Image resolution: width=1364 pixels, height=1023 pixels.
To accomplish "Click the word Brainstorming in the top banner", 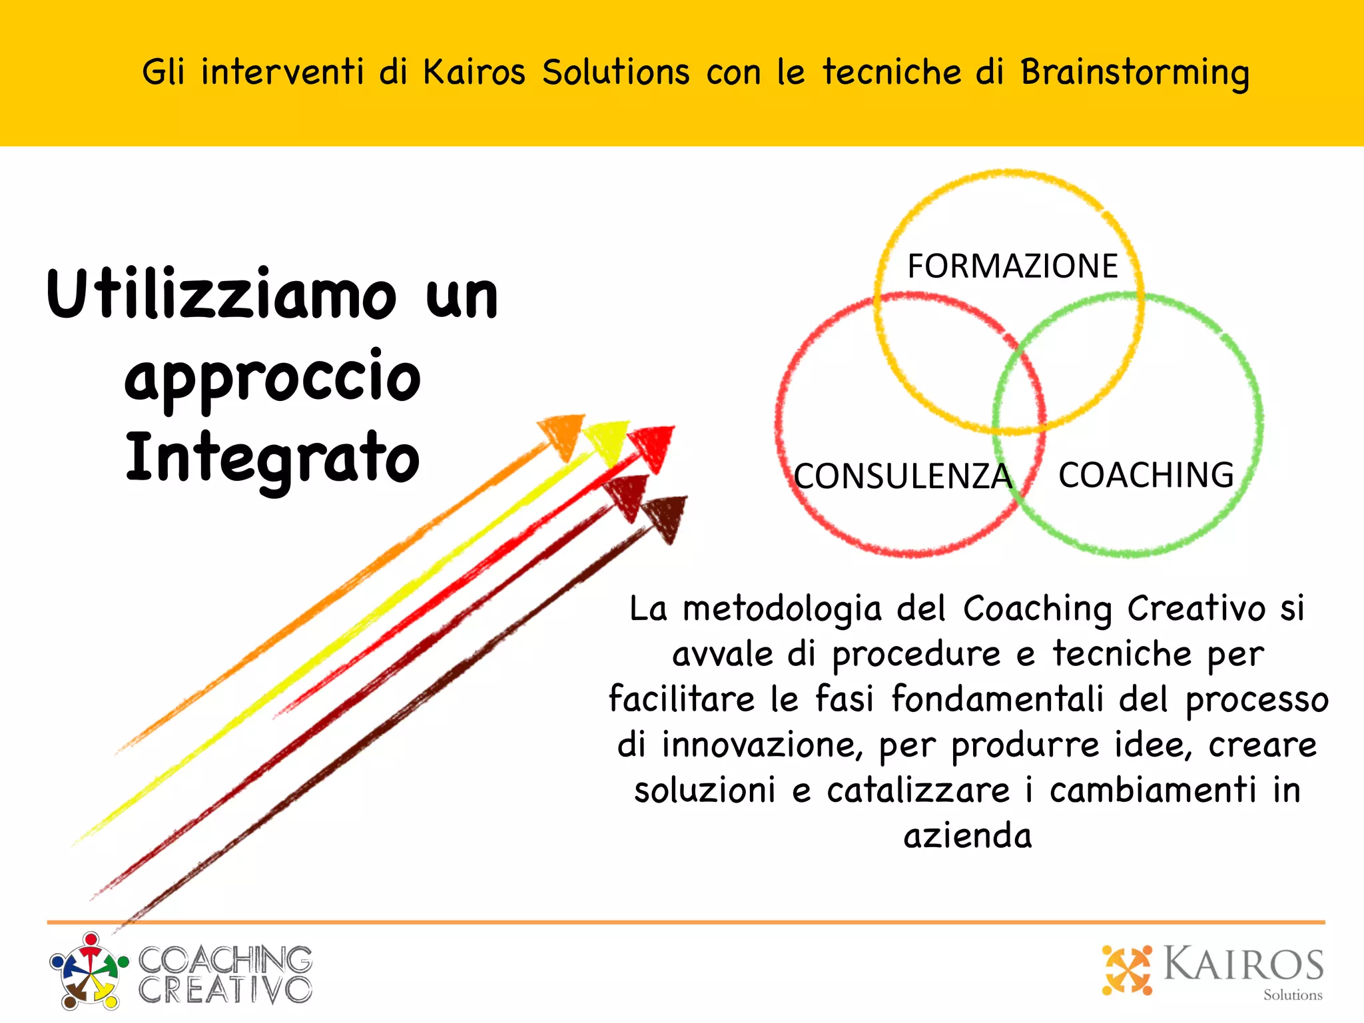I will (x=1134, y=73).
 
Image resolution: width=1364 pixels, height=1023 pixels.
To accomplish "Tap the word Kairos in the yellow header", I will (x=474, y=72).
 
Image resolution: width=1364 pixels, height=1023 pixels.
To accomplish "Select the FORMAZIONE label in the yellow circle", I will (x=1012, y=266).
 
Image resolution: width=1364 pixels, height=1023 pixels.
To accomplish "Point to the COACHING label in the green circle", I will (x=1146, y=476).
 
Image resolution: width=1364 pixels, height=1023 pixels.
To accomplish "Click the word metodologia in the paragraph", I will (x=782, y=609).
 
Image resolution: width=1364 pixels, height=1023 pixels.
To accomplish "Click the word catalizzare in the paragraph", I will (x=918, y=791).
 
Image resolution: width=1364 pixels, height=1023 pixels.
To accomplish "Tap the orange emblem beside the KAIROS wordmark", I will (x=1127, y=970).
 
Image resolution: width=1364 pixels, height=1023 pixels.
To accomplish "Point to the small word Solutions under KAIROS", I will (x=1293, y=995).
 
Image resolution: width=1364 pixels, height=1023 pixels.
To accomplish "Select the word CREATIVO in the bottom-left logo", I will (x=225, y=990).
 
